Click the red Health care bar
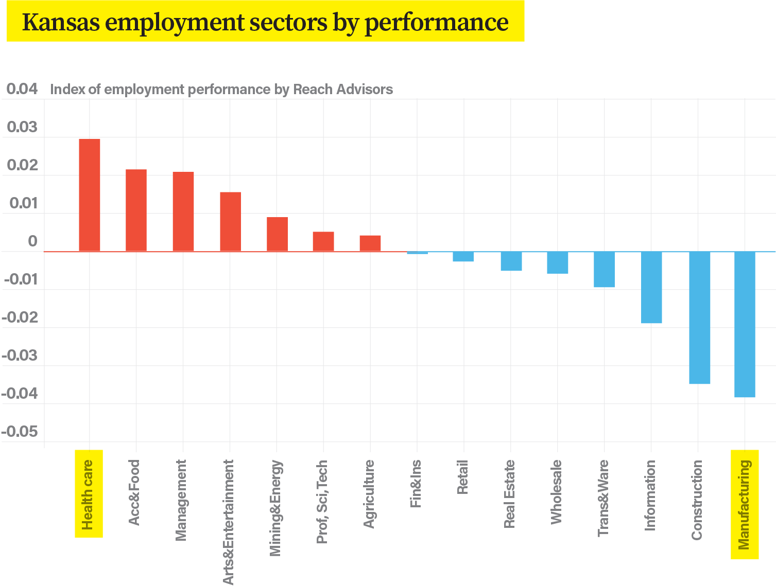click(89, 195)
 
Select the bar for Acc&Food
click(136, 210)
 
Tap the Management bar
click(183, 211)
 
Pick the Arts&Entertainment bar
click(230, 221)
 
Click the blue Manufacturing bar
click(745, 324)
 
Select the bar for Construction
click(699, 317)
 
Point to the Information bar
click(651, 287)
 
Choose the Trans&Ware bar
click(604, 269)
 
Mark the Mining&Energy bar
click(277, 234)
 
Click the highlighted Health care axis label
click(89, 494)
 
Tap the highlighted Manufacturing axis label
click(745, 504)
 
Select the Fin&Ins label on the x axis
click(416, 484)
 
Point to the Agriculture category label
click(369, 494)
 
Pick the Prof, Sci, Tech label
click(322, 502)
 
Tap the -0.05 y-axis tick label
click(20, 432)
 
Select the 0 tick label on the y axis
click(32, 241)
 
